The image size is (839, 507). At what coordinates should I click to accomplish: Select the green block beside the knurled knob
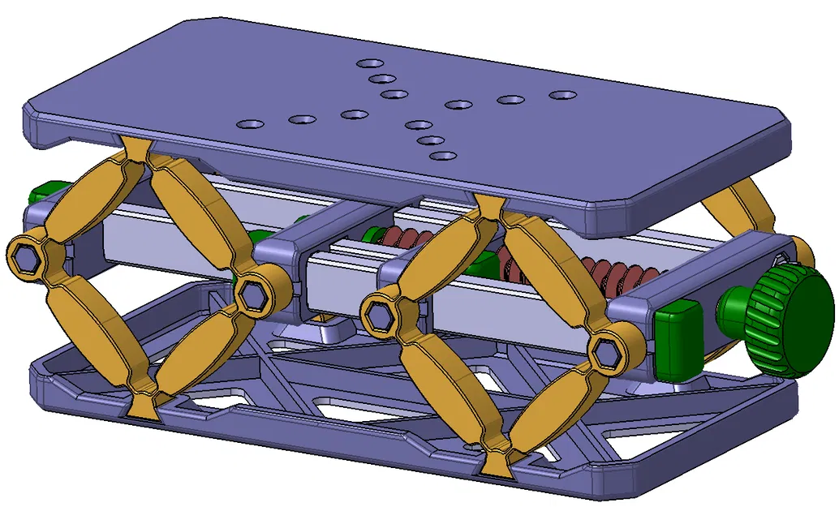679,335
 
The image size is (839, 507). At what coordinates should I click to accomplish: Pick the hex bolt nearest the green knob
607,353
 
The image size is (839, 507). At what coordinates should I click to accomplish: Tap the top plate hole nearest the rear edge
372,63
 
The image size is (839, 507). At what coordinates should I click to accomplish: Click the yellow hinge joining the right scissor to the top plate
488,207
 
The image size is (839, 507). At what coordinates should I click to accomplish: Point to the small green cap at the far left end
39,195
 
